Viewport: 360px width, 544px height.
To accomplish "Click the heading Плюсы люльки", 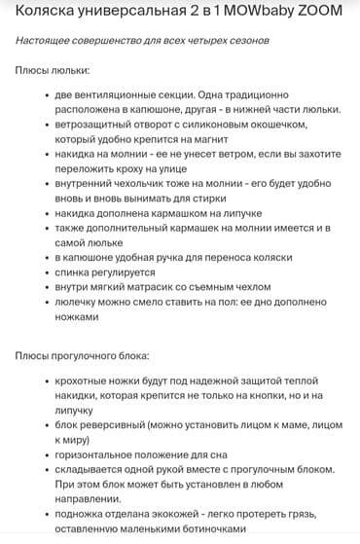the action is click(x=54, y=72).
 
